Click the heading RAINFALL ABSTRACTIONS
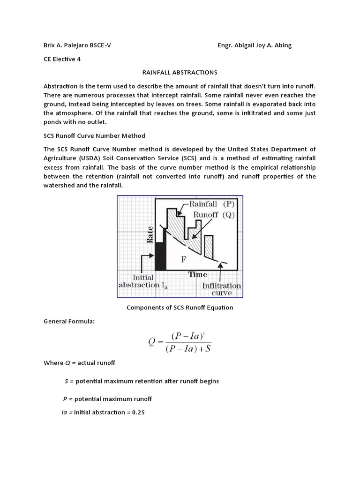180,72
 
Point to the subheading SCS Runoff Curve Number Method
94,136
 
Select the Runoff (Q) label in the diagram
213,215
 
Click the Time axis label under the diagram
198,274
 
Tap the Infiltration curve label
221,289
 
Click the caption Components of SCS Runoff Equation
180,307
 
